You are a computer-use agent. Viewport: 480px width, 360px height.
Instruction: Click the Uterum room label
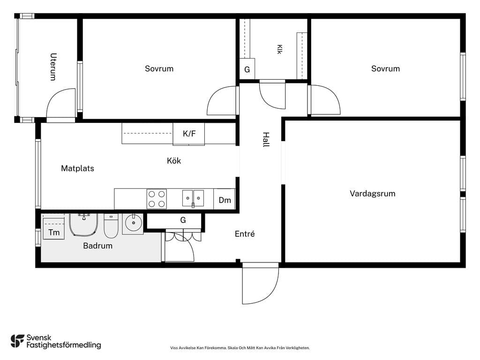(x=53, y=67)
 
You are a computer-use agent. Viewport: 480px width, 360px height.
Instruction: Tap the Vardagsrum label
(x=372, y=194)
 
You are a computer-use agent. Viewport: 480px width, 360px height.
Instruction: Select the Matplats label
(x=77, y=168)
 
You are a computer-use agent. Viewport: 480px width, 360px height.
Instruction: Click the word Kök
(x=174, y=161)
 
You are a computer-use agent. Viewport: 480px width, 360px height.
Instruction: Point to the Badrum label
(x=97, y=246)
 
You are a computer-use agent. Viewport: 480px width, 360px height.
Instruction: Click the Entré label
(x=245, y=234)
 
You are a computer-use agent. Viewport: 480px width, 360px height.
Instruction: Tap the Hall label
(x=266, y=140)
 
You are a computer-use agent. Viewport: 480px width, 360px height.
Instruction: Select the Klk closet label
(x=279, y=49)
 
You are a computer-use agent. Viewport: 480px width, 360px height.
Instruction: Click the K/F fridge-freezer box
(x=189, y=134)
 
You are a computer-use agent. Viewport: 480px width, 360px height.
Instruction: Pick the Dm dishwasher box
(x=225, y=199)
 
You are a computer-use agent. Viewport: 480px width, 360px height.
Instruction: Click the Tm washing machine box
(x=53, y=229)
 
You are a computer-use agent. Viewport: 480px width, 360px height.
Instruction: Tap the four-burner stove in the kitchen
(x=157, y=199)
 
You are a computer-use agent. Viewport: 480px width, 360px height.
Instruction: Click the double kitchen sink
(x=193, y=198)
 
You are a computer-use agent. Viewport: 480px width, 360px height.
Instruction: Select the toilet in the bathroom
(x=111, y=226)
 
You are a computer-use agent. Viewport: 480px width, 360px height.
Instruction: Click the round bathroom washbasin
(x=133, y=223)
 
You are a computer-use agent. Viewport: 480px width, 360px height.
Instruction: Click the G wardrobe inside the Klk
(x=247, y=69)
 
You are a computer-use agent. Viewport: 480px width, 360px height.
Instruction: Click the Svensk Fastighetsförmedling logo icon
(x=17, y=341)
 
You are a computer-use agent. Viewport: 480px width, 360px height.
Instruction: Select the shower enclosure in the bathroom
(x=83, y=225)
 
